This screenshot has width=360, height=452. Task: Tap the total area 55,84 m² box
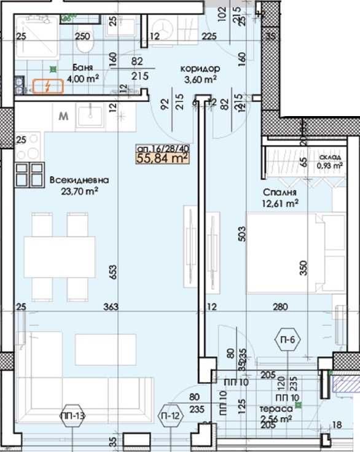point(162,158)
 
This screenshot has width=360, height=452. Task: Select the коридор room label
point(196,69)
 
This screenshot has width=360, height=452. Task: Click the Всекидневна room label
point(80,181)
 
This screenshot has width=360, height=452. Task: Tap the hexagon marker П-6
point(285,340)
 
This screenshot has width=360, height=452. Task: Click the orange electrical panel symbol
point(47,87)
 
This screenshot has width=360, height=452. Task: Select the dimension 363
point(111,306)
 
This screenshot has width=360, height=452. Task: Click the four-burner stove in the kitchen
point(28,173)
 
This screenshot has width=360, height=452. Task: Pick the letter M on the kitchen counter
point(63,115)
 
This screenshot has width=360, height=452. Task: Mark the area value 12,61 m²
point(282,201)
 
